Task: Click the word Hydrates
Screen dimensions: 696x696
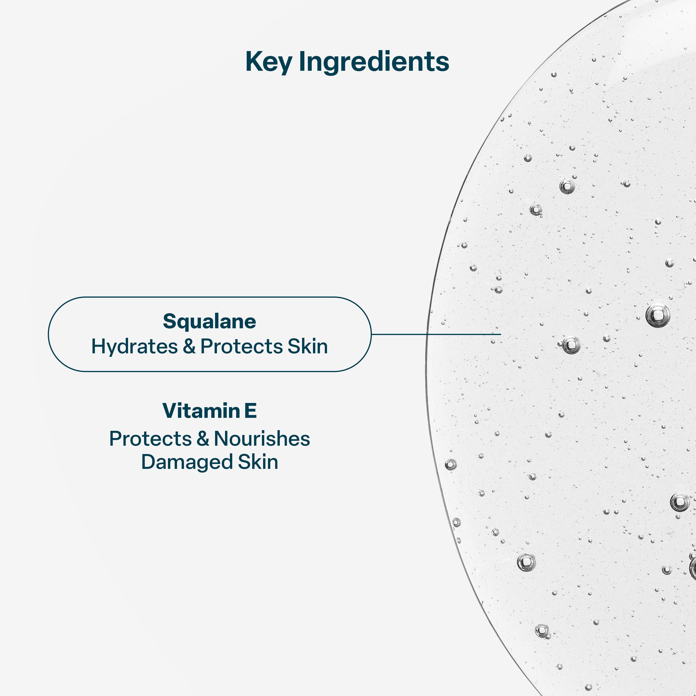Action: coord(134,347)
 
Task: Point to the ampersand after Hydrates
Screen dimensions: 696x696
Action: coord(189,347)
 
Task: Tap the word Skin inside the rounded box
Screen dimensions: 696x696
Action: coord(308,347)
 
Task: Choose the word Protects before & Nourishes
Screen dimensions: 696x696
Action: coord(151,439)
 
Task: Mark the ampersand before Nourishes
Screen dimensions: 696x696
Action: coord(203,439)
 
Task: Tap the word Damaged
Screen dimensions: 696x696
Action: coord(187,462)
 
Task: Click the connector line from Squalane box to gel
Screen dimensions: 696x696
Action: coord(436,334)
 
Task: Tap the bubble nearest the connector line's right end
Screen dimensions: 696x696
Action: coord(493,341)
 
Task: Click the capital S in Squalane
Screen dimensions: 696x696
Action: coord(170,321)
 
